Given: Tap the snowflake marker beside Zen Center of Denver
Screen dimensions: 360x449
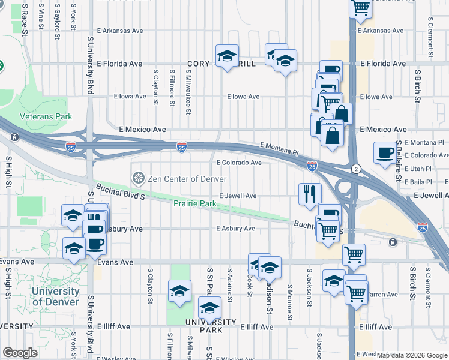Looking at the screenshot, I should coord(137,178).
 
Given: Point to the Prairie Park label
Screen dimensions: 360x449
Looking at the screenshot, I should coord(194,204).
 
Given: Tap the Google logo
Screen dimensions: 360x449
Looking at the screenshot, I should coord(20,353).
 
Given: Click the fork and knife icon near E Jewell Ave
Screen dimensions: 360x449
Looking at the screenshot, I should coord(310,193).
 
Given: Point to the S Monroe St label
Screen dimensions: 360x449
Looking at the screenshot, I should coord(289,302).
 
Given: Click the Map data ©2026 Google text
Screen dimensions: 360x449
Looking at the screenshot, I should coord(412,355).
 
